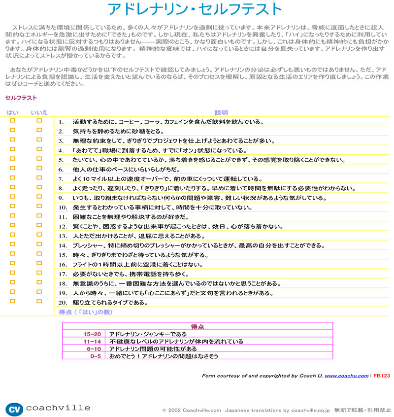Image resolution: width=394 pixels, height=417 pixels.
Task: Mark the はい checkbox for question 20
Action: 13,301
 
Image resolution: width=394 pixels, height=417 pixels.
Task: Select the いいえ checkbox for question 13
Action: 39,235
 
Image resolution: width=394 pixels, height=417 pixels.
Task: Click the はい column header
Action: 13,113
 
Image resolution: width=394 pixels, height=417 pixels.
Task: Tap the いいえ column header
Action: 39,113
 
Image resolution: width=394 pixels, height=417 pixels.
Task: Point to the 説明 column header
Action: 221,113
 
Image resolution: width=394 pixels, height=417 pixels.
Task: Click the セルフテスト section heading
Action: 21,98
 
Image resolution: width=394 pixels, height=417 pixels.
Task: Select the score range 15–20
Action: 92,334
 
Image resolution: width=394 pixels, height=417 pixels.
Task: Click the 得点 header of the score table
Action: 197,326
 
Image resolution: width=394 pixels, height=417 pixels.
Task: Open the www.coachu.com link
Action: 346,376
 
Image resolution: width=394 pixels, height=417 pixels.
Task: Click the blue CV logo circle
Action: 14,409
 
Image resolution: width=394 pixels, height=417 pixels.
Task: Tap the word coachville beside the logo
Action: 58,408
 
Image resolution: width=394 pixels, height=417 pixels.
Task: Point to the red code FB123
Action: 382,376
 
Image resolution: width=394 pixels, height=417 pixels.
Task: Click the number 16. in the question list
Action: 63,265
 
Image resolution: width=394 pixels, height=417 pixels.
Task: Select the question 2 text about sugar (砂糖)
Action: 118,131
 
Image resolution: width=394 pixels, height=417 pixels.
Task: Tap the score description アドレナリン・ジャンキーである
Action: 148,334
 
